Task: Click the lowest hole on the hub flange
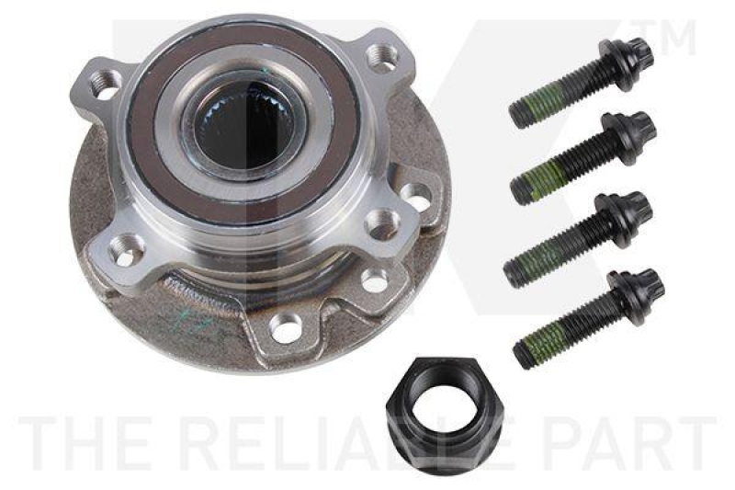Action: coord(287,326)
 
